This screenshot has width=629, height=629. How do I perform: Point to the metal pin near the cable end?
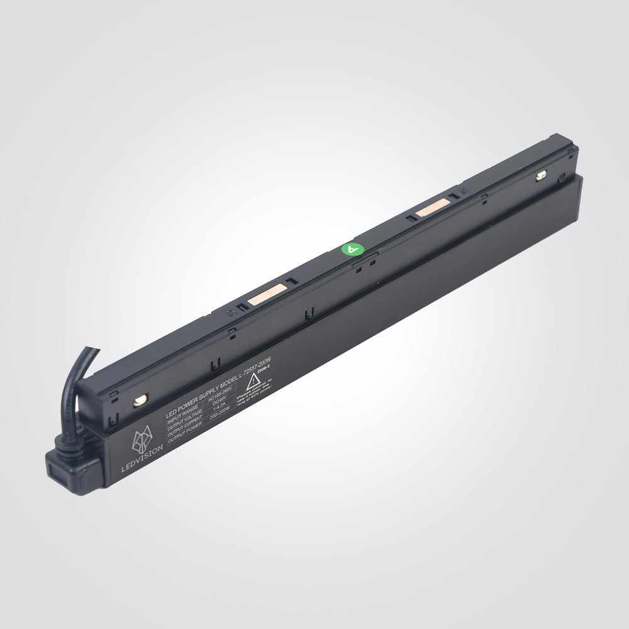[x=138, y=399]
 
